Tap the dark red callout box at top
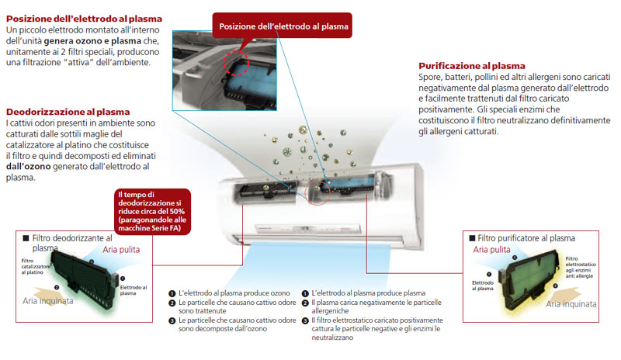[x=284, y=26]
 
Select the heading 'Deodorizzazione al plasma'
[x=68, y=112]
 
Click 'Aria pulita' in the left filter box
[x=123, y=251]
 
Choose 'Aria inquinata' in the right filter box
[x=571, y=305]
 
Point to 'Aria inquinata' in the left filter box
[x=47, y=300]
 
